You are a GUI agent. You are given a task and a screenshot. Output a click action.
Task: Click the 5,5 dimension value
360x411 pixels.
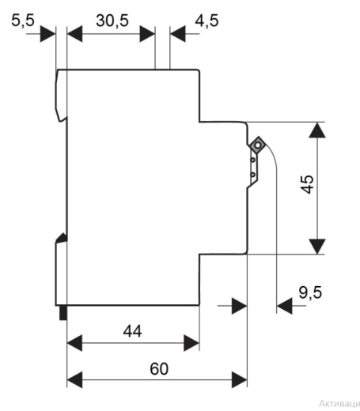click(x=23, y=21)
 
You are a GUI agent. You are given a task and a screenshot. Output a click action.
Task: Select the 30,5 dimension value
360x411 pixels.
click(x=112, y=21)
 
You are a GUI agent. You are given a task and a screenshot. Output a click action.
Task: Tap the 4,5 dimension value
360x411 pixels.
click(x=207, y=21)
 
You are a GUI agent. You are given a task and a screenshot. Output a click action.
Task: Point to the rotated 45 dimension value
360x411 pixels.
click(x=308, y=184)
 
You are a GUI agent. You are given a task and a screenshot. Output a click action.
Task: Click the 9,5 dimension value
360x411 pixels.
click(x=310, y=292)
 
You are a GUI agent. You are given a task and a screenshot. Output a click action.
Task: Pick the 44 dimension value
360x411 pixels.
click(x=132, y=331)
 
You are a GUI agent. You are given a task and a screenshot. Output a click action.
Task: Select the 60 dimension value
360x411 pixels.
click(x=159, y=369)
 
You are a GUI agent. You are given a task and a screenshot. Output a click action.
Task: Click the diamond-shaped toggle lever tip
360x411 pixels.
click(x=257, y=145)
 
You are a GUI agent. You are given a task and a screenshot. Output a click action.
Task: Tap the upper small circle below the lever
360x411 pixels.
click(x=253, y=160)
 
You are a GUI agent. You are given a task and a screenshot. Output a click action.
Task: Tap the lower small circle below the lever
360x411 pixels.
click(x=253, y=175)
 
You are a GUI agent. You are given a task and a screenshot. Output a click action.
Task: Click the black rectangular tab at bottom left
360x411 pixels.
click(x=63, y=313)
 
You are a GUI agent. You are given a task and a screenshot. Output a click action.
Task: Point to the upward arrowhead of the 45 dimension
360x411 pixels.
click(x=317, y=130)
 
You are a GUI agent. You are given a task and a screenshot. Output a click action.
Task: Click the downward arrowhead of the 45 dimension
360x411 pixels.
click(x=317, y=247)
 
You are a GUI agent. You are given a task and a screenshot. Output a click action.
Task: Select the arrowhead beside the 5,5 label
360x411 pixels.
click(x=47, y=34)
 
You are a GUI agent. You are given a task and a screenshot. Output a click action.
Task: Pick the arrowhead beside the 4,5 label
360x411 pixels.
click(x=178, y=34)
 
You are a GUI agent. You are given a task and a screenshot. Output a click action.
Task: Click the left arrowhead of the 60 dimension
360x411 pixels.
click(x=74, y=380)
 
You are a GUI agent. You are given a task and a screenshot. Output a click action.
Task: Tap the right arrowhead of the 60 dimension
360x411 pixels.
click(x=240, y=380)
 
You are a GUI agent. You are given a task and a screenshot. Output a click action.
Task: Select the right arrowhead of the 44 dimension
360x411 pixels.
click(x=191, y=343)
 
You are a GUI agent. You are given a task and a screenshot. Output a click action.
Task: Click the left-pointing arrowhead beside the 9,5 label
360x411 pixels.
click(x=285, y=306)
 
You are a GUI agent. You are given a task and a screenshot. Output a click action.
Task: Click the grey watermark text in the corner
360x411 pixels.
click(x=339, y=404)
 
